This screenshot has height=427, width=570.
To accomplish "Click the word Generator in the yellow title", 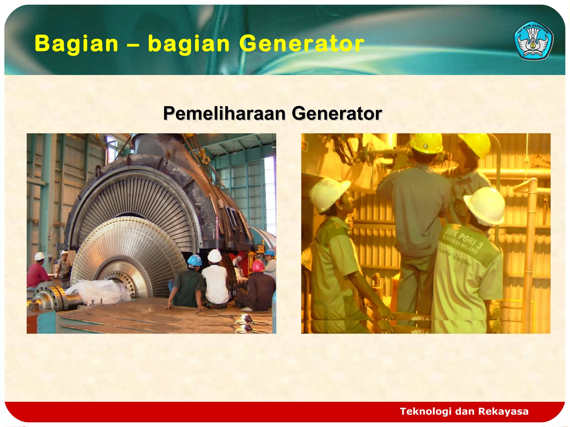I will pyautogui.click(x=302, y=44).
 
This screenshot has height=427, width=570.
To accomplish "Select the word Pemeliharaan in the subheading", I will pyautogui.click(x=224, y=113).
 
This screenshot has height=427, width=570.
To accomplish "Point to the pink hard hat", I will pyautogui.click(x=258, y=265).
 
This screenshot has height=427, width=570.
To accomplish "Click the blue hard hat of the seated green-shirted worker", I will pyautogui.click(x=195, y=260).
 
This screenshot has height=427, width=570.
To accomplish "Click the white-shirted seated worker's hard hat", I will pyautogui.click(x=215, y=255).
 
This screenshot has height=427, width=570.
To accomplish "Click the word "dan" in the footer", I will pyautogui.click(x=463, y=411).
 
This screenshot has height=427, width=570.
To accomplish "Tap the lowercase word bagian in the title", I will pyautogui.click(x=189, y=44).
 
